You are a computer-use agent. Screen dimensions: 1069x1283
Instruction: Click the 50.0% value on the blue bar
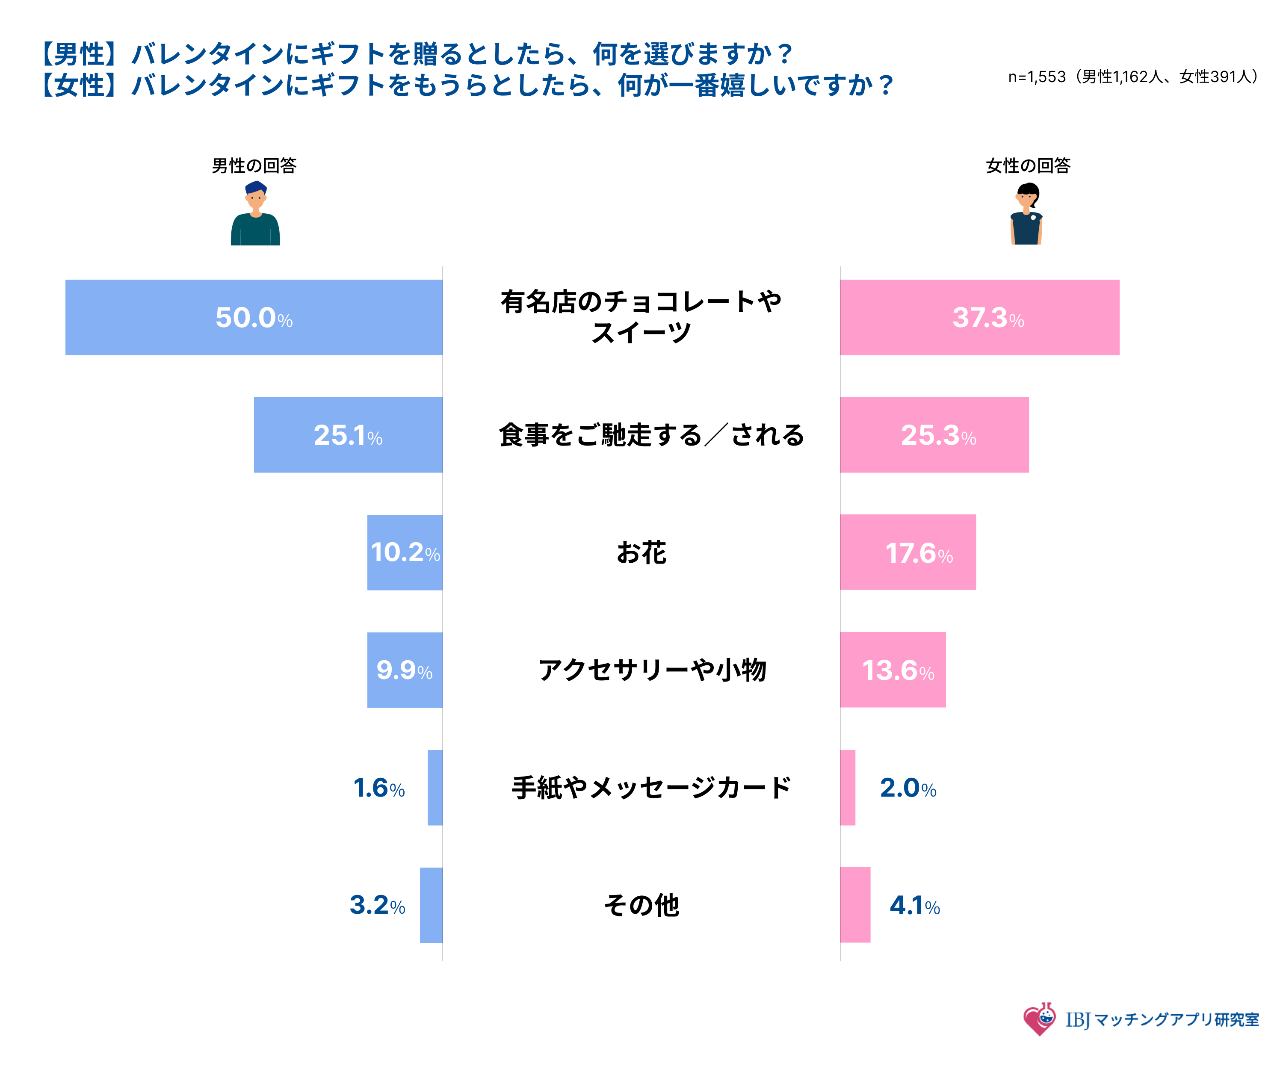pyautogui.click(x=254, y=318)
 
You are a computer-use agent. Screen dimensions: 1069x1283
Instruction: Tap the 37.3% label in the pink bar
pyautogui.click(x=988, y=318)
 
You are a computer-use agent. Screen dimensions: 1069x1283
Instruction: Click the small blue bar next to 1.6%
pyautogui.click(x=435, y=787)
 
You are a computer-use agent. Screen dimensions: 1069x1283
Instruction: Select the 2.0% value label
pyautogui.click(x=908, y=788)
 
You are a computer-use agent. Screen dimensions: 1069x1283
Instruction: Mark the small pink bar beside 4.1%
pyautogui.click(x=855, y=905)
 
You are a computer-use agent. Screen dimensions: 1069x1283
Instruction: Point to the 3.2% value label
pyautogui.click(x=377, y=905)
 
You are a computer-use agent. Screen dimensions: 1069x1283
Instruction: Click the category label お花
pyautogui.click(x=641, y=552)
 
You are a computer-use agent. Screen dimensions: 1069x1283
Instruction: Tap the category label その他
pyautogui.click(x=641, y=905)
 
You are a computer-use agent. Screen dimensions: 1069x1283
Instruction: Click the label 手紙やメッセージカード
pyautogui.click(x=651, y=787)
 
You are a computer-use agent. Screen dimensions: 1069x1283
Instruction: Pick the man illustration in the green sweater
pyautogui.click(x=255, y=214)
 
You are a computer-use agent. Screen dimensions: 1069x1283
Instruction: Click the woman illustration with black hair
pyautogui.click(x=1026, y=214)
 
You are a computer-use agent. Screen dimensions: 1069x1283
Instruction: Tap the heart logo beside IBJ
pyautogui.click(x=1039, y=1019)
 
